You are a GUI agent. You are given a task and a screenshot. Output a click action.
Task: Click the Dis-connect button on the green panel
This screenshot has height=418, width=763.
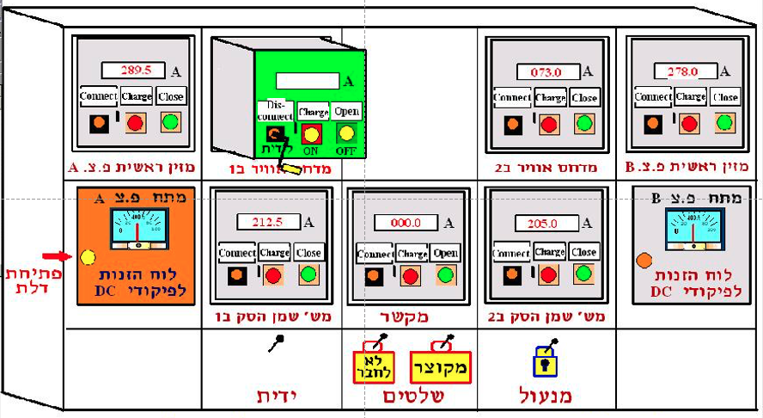coord(276,111)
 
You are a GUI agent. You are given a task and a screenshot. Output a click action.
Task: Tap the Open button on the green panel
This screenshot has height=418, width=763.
coord(347,112)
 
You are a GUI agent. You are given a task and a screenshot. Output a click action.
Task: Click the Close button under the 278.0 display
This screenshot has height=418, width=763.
coord(725,97)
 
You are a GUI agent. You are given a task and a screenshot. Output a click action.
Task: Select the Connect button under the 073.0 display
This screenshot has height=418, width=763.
coord(511,97)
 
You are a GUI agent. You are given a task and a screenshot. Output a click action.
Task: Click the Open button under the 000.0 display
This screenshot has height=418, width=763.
coord(446,253)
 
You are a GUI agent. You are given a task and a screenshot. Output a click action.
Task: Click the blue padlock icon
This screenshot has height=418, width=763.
coord(543,361)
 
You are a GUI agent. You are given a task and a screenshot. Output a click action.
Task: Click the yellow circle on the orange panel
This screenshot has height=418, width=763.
coord(88,256)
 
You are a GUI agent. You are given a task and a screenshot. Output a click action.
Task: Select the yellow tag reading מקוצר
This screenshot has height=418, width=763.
coord(440,366)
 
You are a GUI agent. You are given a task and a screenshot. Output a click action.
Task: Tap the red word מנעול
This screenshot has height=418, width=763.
coord(546,396)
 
